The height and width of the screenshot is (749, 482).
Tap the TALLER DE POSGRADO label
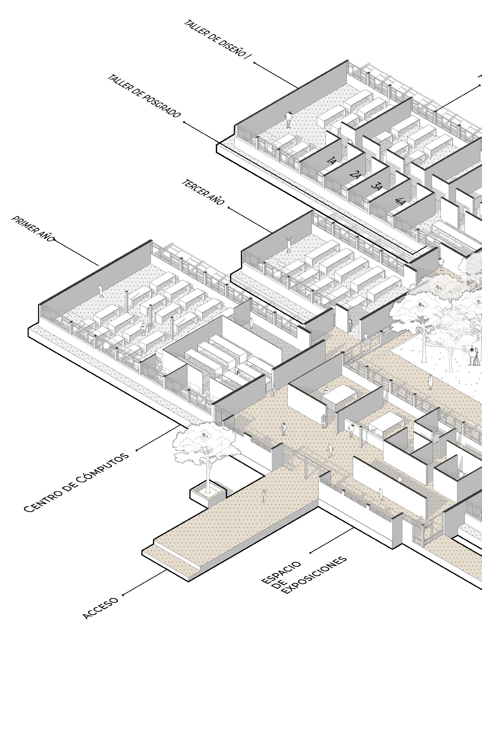point(144,96)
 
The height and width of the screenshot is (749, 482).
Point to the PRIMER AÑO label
point(33,228)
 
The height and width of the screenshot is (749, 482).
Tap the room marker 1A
point(331,161)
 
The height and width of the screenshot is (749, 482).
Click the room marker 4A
point(399,201)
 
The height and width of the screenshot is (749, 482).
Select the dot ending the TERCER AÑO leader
point(229,207)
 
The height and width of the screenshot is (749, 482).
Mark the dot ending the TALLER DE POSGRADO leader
point(184,122)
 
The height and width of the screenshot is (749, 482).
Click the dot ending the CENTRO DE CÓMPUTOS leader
point(137,451)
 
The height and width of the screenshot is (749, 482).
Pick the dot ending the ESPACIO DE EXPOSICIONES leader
point(310,553)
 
